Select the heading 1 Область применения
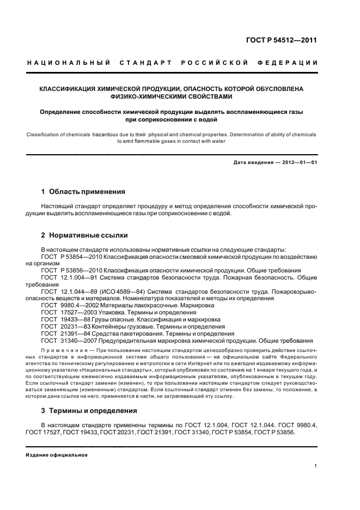coord(83,192)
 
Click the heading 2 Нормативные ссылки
coord(84,235)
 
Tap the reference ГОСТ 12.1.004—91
coord(70,277)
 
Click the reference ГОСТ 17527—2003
coord(67,313)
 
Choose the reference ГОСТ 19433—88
coord(64,320)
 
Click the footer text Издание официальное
coord(57,455)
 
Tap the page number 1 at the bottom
coord(316,466)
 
